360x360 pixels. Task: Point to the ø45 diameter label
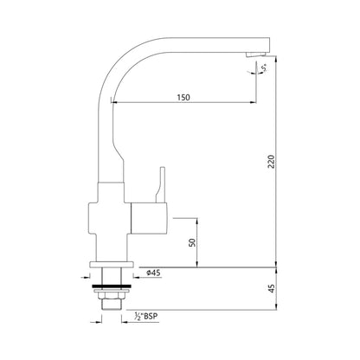coord(152,273)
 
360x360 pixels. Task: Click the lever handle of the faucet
coord(159,183)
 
